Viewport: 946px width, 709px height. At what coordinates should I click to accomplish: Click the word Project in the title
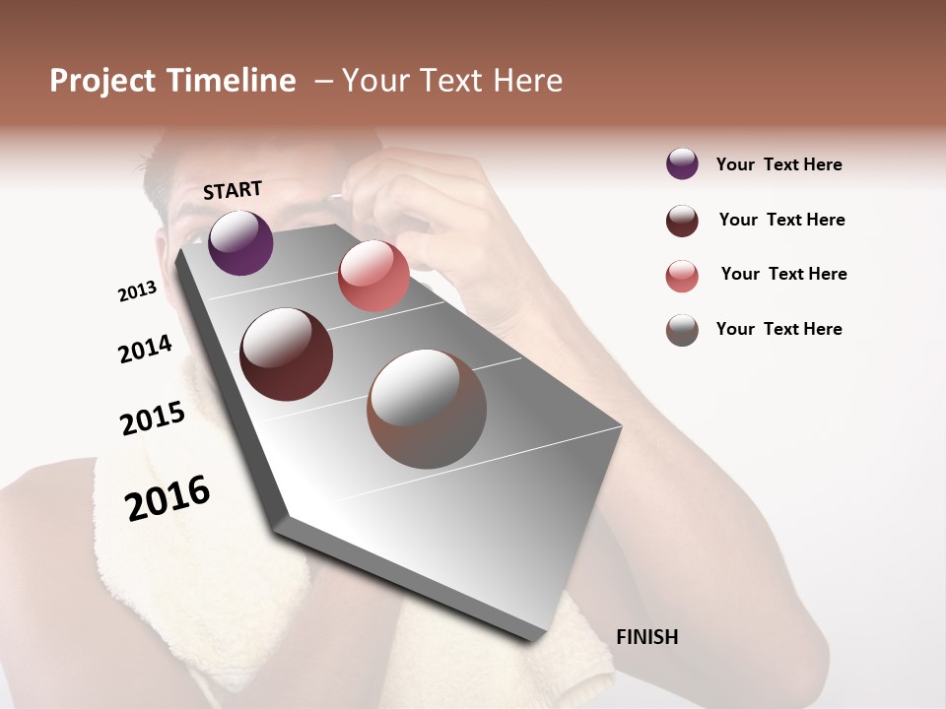coord(102,81)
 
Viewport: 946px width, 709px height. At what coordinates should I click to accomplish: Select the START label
coord(233,190)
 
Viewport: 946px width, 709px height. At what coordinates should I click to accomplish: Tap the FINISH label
coord(646,637)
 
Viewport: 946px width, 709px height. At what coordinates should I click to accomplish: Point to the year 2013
coord(137,291)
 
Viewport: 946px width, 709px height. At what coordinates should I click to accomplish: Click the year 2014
coord(145,349)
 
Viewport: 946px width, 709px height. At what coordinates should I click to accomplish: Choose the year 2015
coord(153,419)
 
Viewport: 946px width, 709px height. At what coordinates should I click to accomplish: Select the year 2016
coord(168,497)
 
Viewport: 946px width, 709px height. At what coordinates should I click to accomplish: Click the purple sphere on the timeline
coord(240,242)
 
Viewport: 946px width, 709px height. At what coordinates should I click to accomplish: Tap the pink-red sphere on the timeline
coord(373,276)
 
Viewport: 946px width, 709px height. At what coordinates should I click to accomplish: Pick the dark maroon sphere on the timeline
coord(287,354)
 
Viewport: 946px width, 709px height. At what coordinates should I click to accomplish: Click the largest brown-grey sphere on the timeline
coord(427,409)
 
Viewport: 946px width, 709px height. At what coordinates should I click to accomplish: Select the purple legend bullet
coord(682,163)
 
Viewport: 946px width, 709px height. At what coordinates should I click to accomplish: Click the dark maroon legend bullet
coord(682,221)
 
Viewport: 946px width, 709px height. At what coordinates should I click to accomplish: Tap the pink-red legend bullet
coord(682,276)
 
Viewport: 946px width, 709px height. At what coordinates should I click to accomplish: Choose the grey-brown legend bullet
coord(682,330)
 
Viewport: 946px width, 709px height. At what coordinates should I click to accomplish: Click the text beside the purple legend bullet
coord(778,164)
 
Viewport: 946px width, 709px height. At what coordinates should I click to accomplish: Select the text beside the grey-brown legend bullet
coord(778,329)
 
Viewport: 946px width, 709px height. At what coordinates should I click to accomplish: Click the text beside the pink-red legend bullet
coord(783,274)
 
